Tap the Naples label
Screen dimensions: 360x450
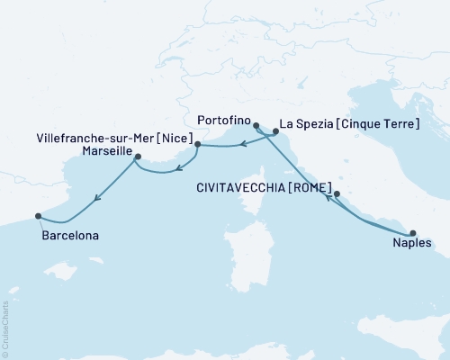[x=413, y=243]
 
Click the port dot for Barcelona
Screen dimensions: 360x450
[x=38, y=216]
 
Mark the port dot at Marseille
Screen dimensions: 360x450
[x=137, y=157]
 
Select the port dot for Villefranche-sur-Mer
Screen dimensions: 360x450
[x=197, y=143]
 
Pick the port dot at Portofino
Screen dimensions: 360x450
[x=256, y=125]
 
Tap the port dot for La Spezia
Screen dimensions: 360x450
[x=275, y=133]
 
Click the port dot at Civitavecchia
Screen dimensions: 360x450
[x=337, y=193]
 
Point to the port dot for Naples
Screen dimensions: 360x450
[x=413, y=232]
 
